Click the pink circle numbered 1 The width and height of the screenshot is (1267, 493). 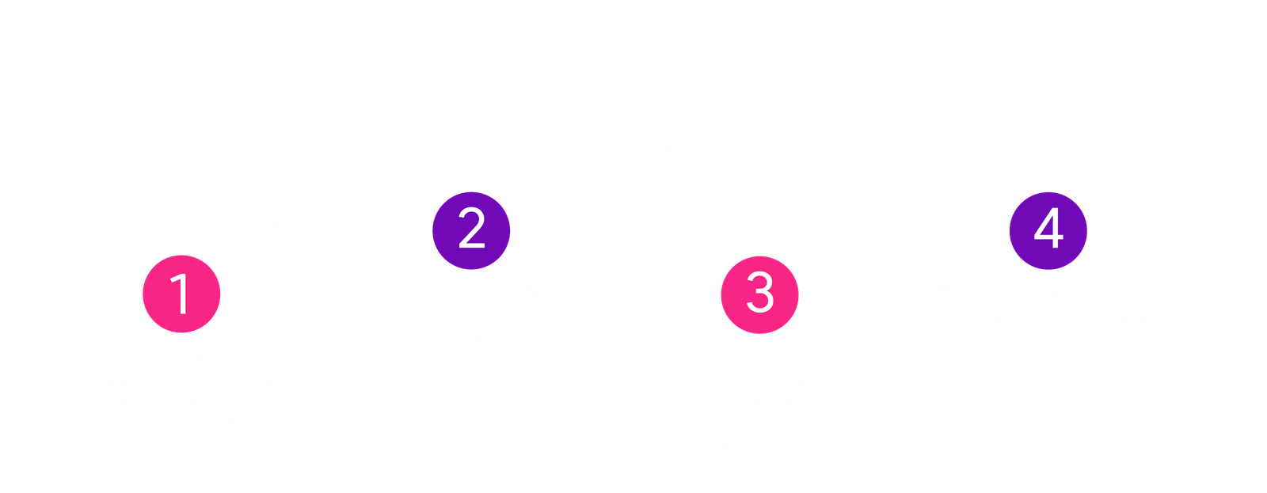click(x=181, y=294)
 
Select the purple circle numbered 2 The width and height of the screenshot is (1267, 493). click(x=471, y=229)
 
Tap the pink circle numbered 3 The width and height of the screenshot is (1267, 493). click(x=759, y=294)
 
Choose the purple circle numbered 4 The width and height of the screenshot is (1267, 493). click(x=1048, y=229)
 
